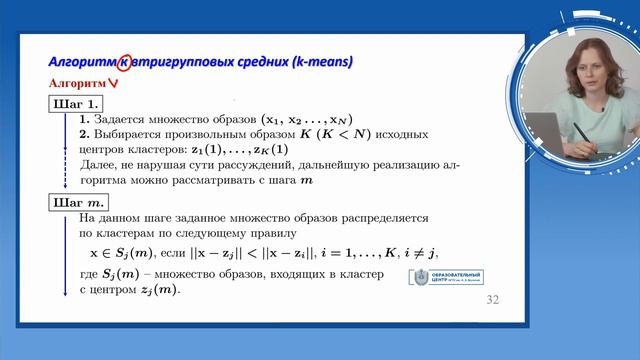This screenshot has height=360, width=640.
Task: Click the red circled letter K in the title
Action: click(124, 62)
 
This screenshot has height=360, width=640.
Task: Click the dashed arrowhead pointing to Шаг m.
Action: click(63, 187)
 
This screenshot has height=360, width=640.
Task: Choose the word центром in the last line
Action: click(113, 290)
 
